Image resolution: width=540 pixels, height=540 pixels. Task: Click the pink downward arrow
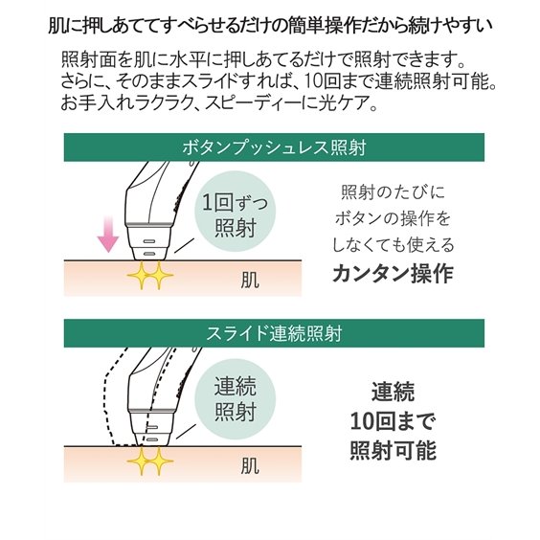coord(108,235)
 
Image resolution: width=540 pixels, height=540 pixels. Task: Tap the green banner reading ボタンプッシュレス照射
coord(274,147)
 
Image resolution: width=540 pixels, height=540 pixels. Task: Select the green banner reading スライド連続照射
coord(274,333)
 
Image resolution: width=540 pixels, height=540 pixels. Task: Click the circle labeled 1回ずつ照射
coord(236,214)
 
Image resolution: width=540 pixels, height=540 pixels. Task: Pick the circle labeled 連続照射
coord(236,399)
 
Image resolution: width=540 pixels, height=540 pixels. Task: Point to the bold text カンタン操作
coord(393,274)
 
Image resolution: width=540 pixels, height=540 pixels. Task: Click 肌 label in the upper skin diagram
coord(250,280)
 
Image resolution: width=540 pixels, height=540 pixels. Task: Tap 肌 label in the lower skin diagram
coord(250,465)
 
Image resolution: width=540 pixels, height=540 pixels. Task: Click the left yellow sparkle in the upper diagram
coord(141,275)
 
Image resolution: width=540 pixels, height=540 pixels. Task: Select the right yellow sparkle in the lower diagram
coord(159,461)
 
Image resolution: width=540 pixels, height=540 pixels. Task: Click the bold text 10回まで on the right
coord(393,421)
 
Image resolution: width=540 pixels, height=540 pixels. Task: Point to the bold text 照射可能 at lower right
coord(393,450)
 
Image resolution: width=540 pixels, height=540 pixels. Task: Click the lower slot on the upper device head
coord(149,254)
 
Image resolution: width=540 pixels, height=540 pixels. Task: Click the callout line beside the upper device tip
coord(182,246)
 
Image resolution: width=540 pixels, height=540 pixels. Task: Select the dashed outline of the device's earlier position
coord(107,396)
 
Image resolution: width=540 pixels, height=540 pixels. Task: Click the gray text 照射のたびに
coord(393,192)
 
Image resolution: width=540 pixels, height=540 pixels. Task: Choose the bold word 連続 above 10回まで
coord(393,392)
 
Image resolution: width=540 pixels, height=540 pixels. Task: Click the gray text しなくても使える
coord(393,245)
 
